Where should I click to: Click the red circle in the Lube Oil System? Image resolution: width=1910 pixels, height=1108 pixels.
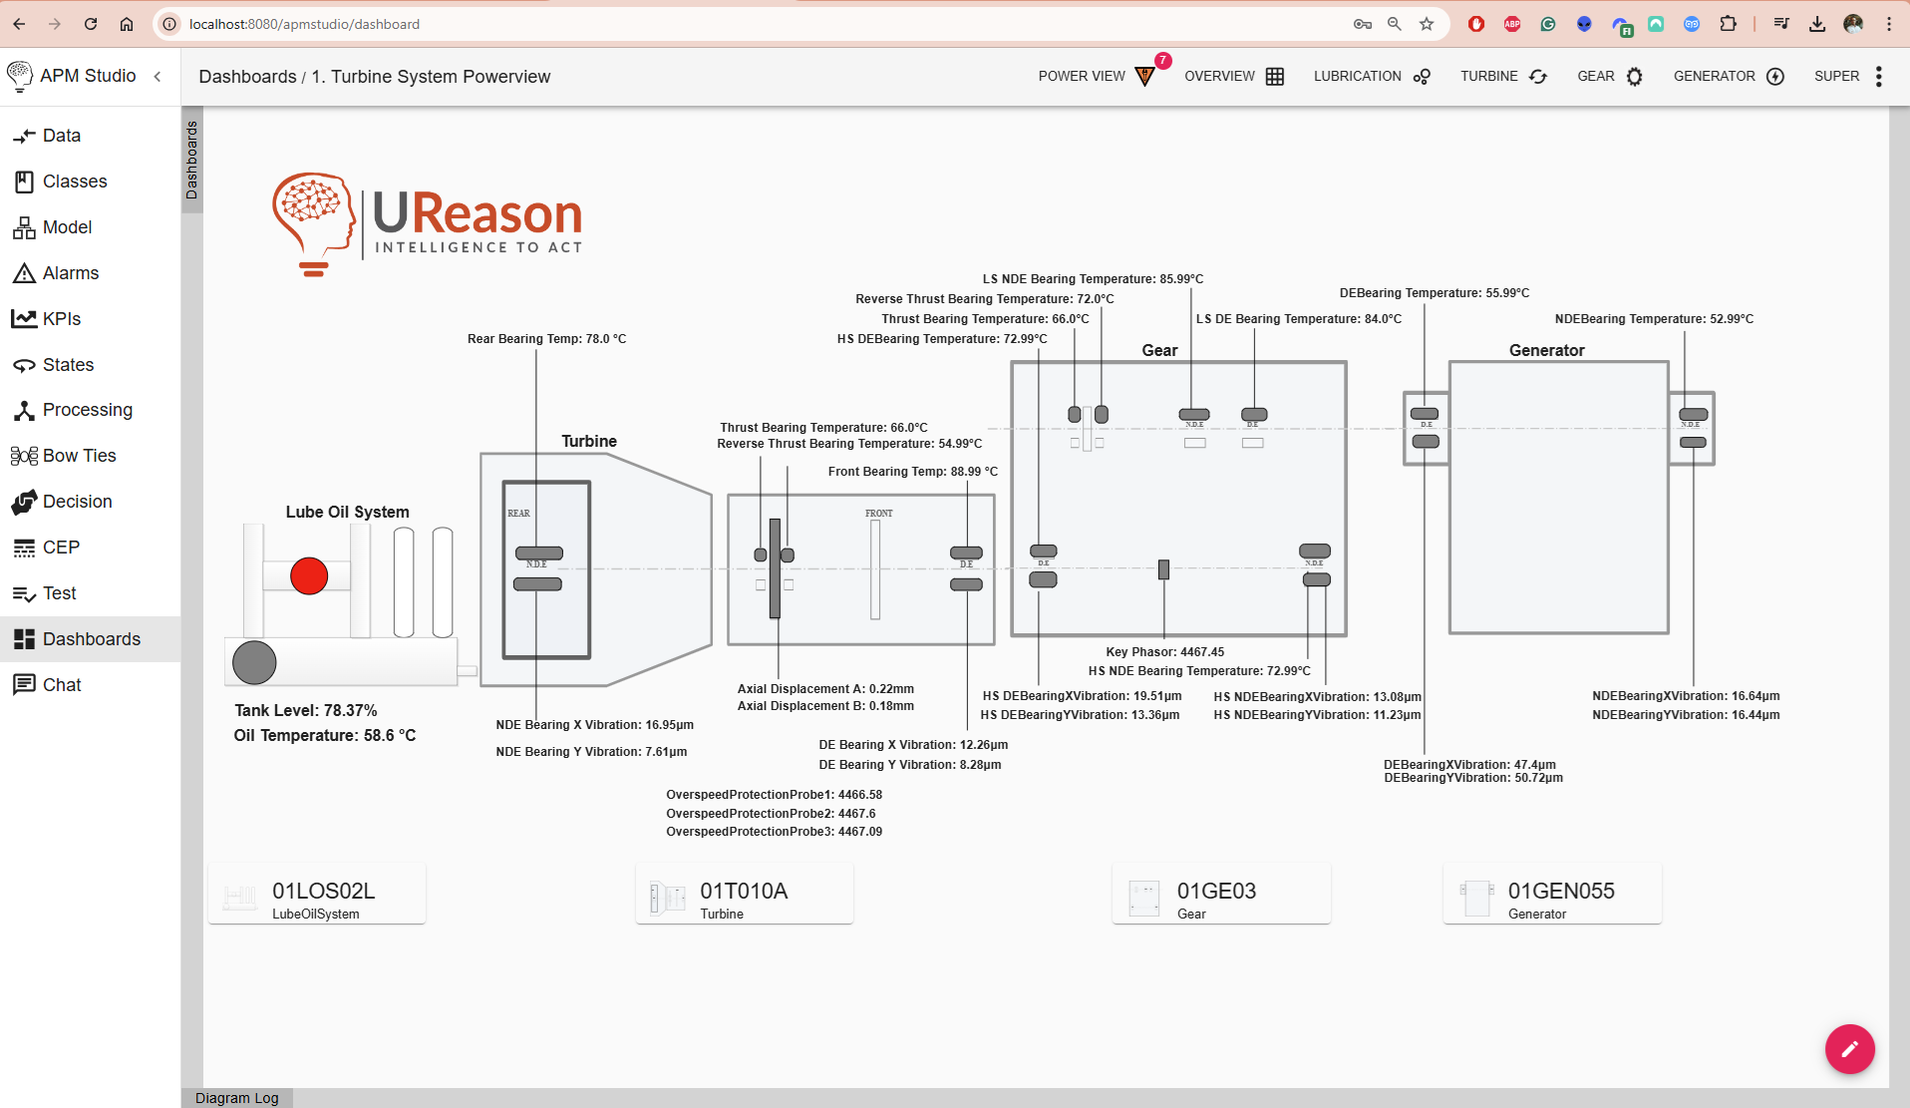309,575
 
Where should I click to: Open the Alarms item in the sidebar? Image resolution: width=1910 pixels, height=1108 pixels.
70,273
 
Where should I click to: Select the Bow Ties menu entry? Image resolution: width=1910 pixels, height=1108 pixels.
79,456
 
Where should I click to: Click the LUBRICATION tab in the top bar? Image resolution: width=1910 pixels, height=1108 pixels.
1371,76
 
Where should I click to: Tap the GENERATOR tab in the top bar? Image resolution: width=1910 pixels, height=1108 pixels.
1728,76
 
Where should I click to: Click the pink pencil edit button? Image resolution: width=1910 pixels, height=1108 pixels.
1849,1048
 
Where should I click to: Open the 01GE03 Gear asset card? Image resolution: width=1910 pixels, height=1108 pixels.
1220,897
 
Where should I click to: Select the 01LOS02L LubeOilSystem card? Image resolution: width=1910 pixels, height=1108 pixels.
317,897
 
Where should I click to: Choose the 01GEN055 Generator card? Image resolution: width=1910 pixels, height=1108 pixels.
1551,897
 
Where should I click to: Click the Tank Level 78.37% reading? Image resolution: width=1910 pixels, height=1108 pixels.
306,710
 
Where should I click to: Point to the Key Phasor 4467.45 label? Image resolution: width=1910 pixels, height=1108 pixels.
1164,652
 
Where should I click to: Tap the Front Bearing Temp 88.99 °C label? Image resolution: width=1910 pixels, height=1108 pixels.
912,472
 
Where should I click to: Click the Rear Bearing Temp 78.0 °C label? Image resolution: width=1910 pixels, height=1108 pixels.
546,339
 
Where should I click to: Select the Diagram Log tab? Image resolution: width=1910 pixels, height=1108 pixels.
237,1098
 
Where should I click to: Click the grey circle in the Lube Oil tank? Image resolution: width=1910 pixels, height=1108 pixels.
254,663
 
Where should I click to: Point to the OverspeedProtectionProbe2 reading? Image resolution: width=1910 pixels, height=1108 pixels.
771,814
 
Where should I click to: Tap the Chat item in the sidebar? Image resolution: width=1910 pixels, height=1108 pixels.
62,685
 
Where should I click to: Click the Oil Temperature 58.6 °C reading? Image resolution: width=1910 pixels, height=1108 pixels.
325,736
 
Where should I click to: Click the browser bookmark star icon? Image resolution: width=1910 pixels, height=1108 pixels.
1427,24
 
